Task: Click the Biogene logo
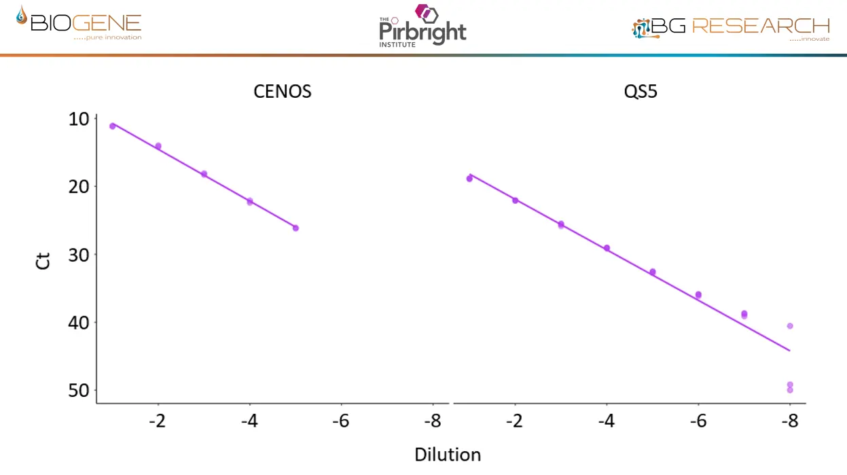click(x=79, y=24)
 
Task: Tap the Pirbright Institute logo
click(x=422, y=27)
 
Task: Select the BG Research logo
click(x=731, y=28)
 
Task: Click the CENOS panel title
click(x=283, y=92)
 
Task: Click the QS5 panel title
click(x=641, y=92)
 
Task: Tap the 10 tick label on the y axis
click(x=79, y=119)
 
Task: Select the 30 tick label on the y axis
click(x=79, y=254)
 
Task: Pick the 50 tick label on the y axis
click(x=79, y=390)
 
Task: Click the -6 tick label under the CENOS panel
click(x=341, y=421)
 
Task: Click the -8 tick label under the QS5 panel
click(x=789, y=421)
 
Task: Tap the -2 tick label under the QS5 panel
click(x=514, y=421)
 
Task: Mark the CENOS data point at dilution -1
click(x=113, y=126)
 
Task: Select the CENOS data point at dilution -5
click(x=295, y=228)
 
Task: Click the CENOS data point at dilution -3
click(x=204, y=174)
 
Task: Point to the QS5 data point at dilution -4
click(x=607, y=248)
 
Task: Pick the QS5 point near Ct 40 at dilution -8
click(x=790, y=326)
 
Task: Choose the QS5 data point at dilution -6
click(x=698, y=295)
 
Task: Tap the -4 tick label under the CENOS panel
click(x=249, y=421)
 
